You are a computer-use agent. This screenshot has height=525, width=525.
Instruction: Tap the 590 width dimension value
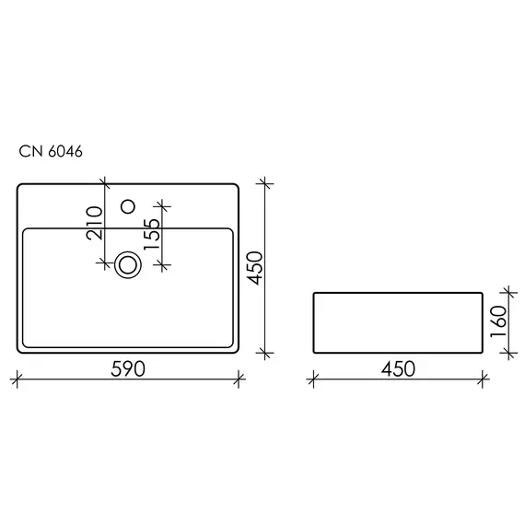[128, 368]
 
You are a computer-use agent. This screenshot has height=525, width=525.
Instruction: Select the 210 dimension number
[95, 222]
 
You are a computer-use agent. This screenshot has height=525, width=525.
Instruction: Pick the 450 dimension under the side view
[397, 368]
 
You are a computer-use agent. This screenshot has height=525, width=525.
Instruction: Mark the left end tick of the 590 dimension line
[17, 377]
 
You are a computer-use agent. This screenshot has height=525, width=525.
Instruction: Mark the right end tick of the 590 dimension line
[239, 377]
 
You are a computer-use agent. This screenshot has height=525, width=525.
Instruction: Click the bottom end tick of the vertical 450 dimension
[266, 353]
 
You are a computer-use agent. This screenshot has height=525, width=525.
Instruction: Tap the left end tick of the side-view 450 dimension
[314, 377]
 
